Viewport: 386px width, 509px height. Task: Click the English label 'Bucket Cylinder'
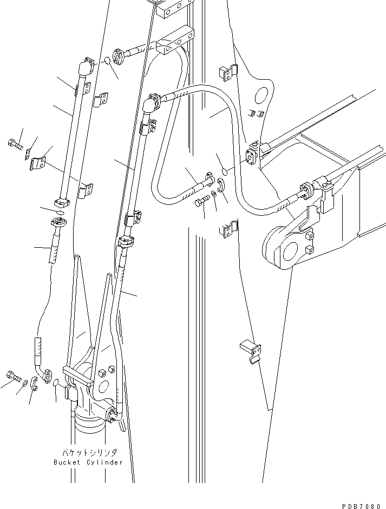point(88,462)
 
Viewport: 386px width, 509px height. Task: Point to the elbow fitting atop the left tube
point(84,69)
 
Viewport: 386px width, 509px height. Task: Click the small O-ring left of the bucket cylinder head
point(56,384)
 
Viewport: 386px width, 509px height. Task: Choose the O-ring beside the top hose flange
point(107,61)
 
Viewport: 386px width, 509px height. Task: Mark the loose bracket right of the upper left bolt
point(38,163)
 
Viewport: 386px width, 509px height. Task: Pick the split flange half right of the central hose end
point(221,190)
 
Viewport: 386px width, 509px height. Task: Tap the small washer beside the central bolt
point(215,195)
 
